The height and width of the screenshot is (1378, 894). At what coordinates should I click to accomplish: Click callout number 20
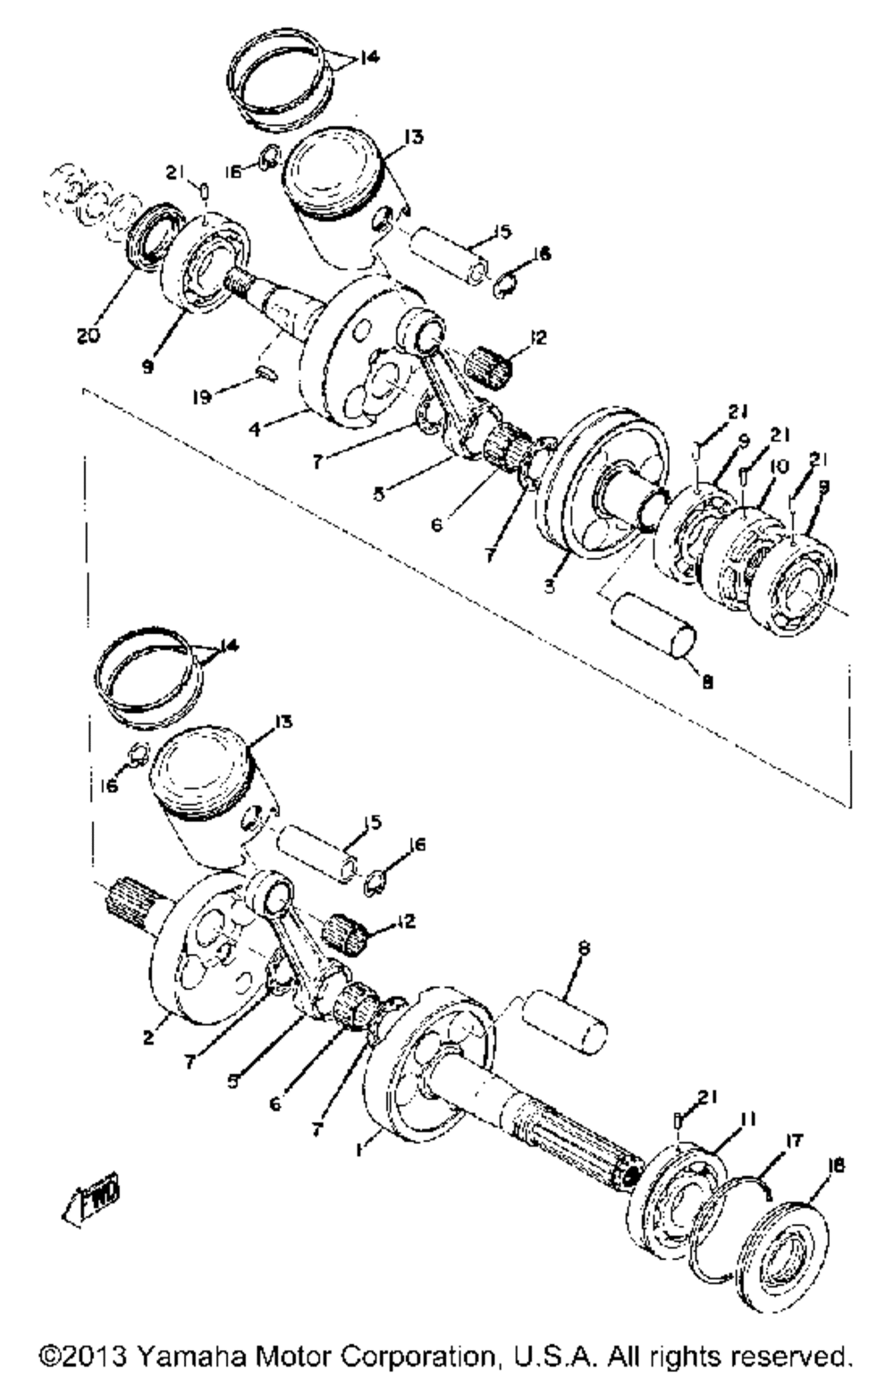tap(89, 336)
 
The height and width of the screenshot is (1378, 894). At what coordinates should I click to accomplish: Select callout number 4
tap(255, 429)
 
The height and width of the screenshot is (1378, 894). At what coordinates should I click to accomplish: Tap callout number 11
tap(747, 1120)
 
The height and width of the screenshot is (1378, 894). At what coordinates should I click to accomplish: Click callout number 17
tap(793, 1140)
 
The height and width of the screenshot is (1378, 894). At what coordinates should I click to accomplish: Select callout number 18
tap(836, 1164)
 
